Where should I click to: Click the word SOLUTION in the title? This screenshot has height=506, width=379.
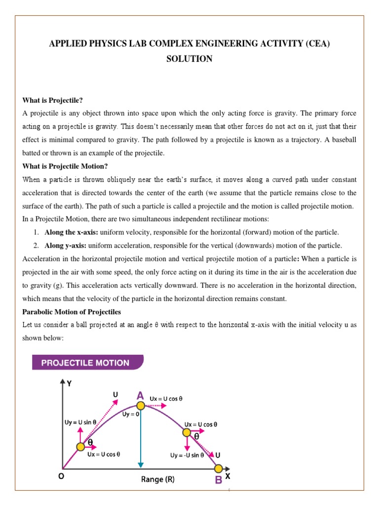click(x=189, y=59)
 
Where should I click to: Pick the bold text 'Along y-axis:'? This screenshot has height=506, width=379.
click(x=66, y=246)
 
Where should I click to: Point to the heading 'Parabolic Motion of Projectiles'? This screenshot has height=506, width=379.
click(x=72, y=312)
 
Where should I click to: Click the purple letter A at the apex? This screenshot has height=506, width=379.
click(x=140, y=395)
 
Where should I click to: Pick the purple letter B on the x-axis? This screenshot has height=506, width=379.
click(x=218, y=480)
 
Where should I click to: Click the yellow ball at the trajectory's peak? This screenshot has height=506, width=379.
click(x=140, y=406)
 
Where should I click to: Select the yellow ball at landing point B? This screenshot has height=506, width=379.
click(x=218, y=467)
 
